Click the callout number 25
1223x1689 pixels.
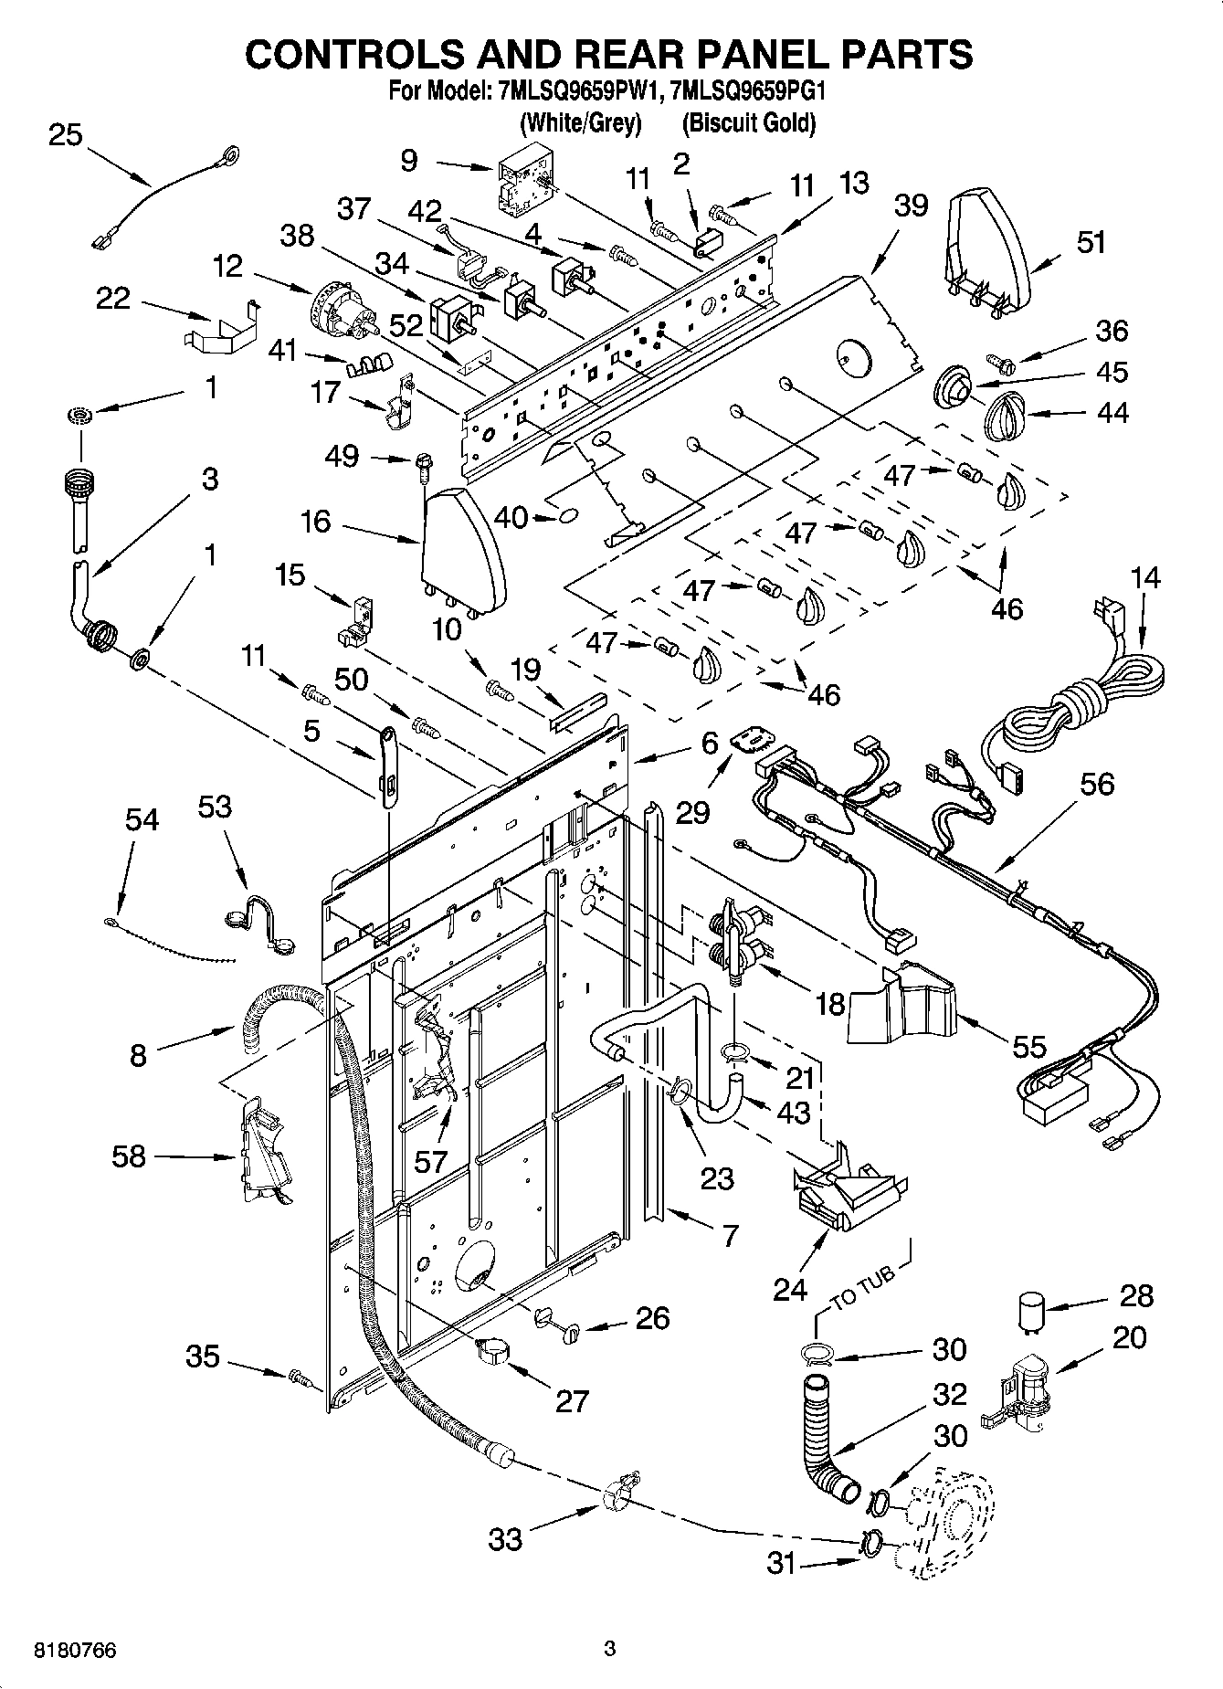(65, 135)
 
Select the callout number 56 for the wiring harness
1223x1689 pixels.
(1097, 783)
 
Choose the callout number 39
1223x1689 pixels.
(911, 205)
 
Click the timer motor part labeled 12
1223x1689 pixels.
(343, 306)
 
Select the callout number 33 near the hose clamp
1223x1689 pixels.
(505, 1539)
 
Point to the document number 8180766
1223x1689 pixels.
(77, 1650)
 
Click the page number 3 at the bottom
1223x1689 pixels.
(610, 1649)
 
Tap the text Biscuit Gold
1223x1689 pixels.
(749, 122)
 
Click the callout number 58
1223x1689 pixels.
(128, 1156)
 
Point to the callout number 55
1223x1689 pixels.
(1029, 1046)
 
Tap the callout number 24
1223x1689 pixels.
(790, 1289)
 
